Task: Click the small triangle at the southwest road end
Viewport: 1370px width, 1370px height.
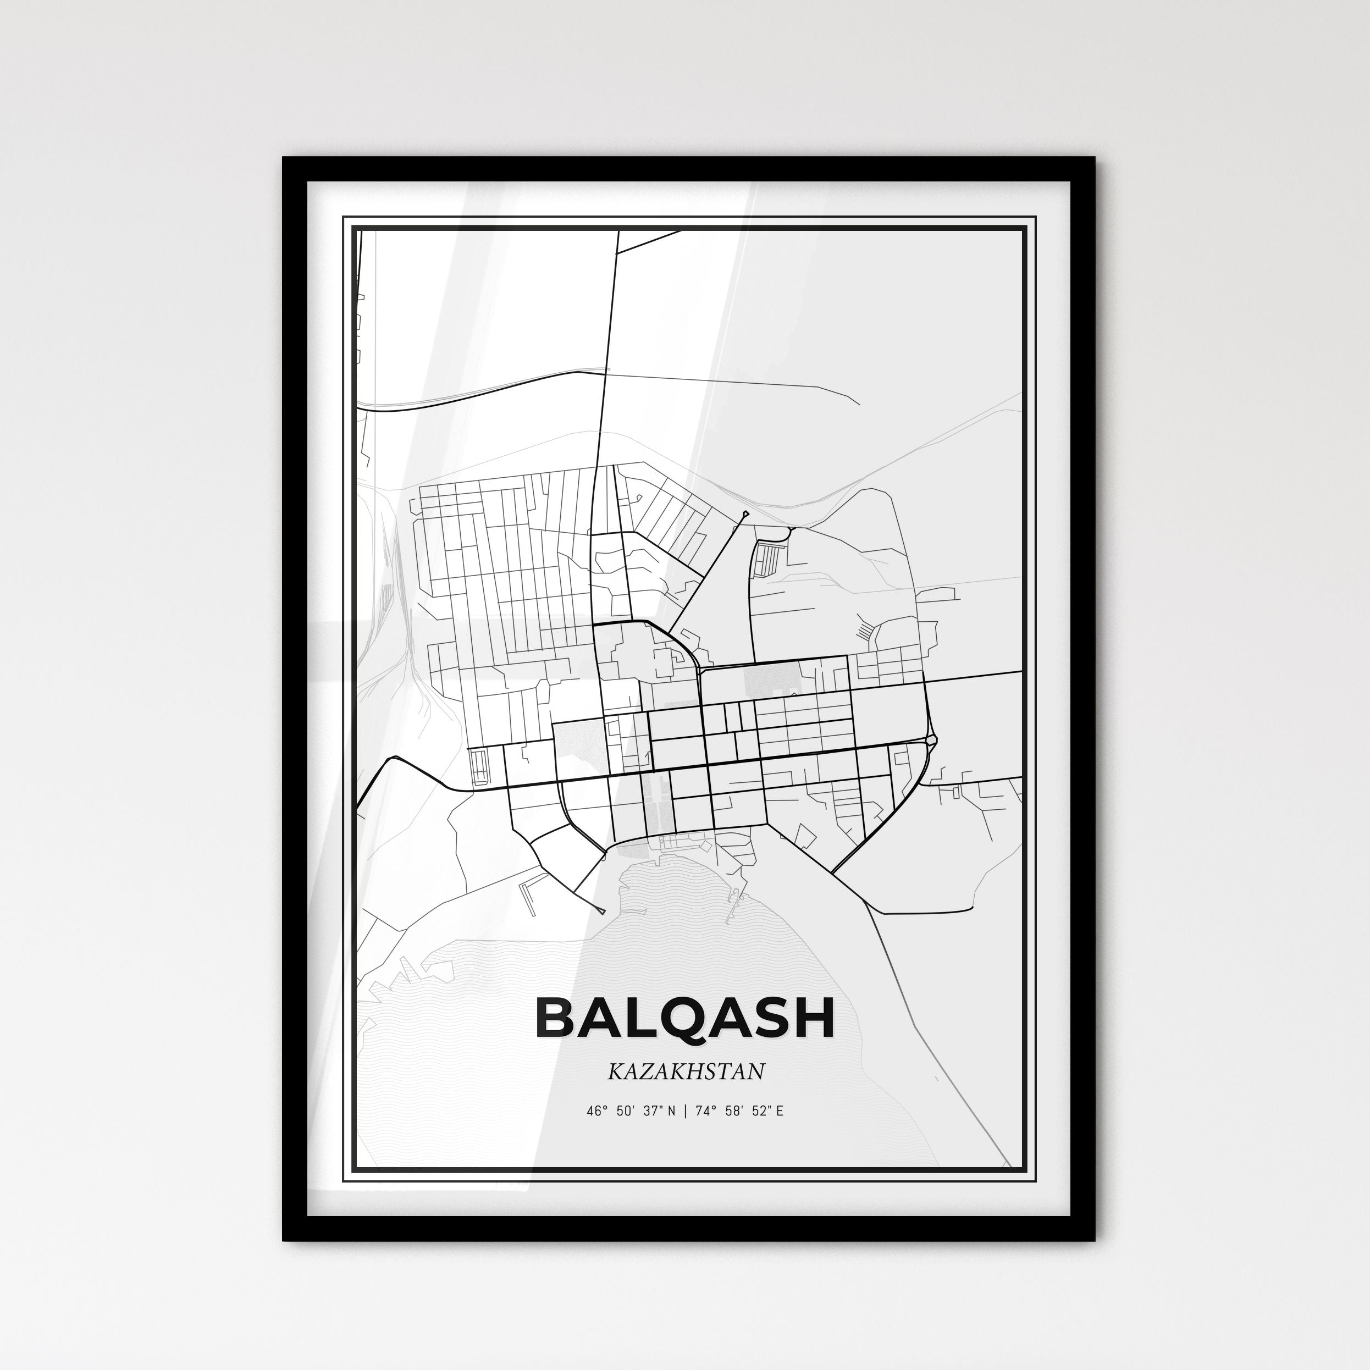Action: pyautogui.click(x=602, y=910)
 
